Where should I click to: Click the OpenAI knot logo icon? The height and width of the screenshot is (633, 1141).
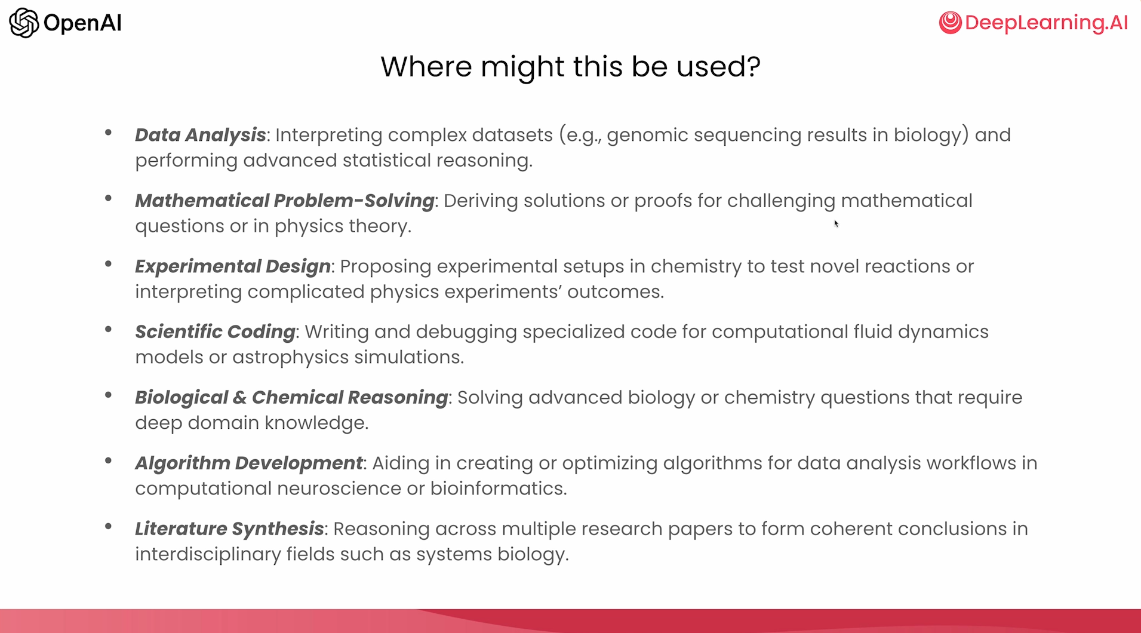pos(24,23)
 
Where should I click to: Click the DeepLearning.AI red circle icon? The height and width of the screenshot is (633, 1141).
pos(950,23)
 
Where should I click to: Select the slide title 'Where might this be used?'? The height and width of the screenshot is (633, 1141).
pos(570,66)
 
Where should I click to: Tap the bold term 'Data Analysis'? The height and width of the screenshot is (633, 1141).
pos(200,135)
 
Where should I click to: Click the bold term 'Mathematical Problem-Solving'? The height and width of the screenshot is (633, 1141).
pos(285,201)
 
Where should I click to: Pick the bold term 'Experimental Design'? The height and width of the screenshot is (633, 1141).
pos(233,266)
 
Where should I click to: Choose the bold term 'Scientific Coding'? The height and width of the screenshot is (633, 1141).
pos(215,331)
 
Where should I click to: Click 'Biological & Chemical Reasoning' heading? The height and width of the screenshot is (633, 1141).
pos(291,397)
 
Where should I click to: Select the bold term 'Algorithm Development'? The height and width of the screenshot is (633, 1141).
pos(249,463)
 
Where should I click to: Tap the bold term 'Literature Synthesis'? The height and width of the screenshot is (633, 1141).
pos(229,528)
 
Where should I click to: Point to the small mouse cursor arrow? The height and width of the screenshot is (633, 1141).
pos(836,223)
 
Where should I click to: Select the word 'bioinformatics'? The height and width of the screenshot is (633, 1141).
pos(497,488)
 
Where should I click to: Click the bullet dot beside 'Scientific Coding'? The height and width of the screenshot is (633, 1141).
pos(108,329)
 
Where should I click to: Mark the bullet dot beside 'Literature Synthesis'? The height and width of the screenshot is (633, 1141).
pos(108,526)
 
